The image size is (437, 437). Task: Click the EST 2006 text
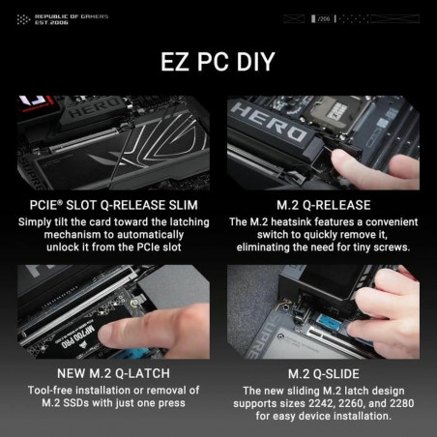point(51,23)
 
